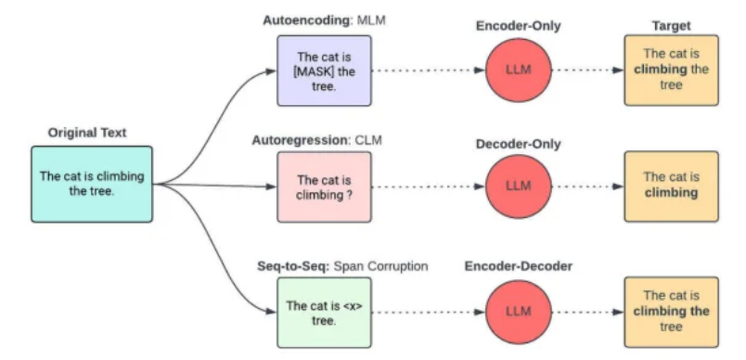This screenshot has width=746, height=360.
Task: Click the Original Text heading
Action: click(87, 133)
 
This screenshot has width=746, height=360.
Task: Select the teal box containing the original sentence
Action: click(91, 184)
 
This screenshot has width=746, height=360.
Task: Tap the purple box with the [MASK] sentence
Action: click(325, 70)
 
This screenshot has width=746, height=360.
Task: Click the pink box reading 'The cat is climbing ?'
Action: click(325, 186)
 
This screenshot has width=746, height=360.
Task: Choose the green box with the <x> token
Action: click(325, 312)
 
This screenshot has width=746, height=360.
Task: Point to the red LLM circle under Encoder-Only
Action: click(518, 71)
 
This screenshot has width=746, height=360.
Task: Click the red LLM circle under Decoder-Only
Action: click(518, 186)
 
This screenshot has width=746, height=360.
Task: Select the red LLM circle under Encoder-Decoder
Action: click(518, 312)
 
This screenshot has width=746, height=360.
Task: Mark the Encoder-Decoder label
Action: click(518, 266)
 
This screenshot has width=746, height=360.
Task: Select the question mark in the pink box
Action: click(351, 194)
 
